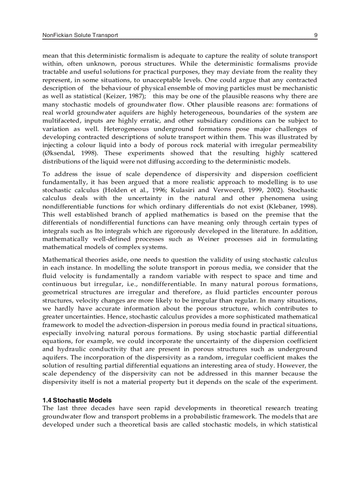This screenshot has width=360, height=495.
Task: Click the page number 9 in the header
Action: pos(315,35)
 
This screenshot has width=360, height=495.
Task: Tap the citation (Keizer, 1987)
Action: pos(122,96)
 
